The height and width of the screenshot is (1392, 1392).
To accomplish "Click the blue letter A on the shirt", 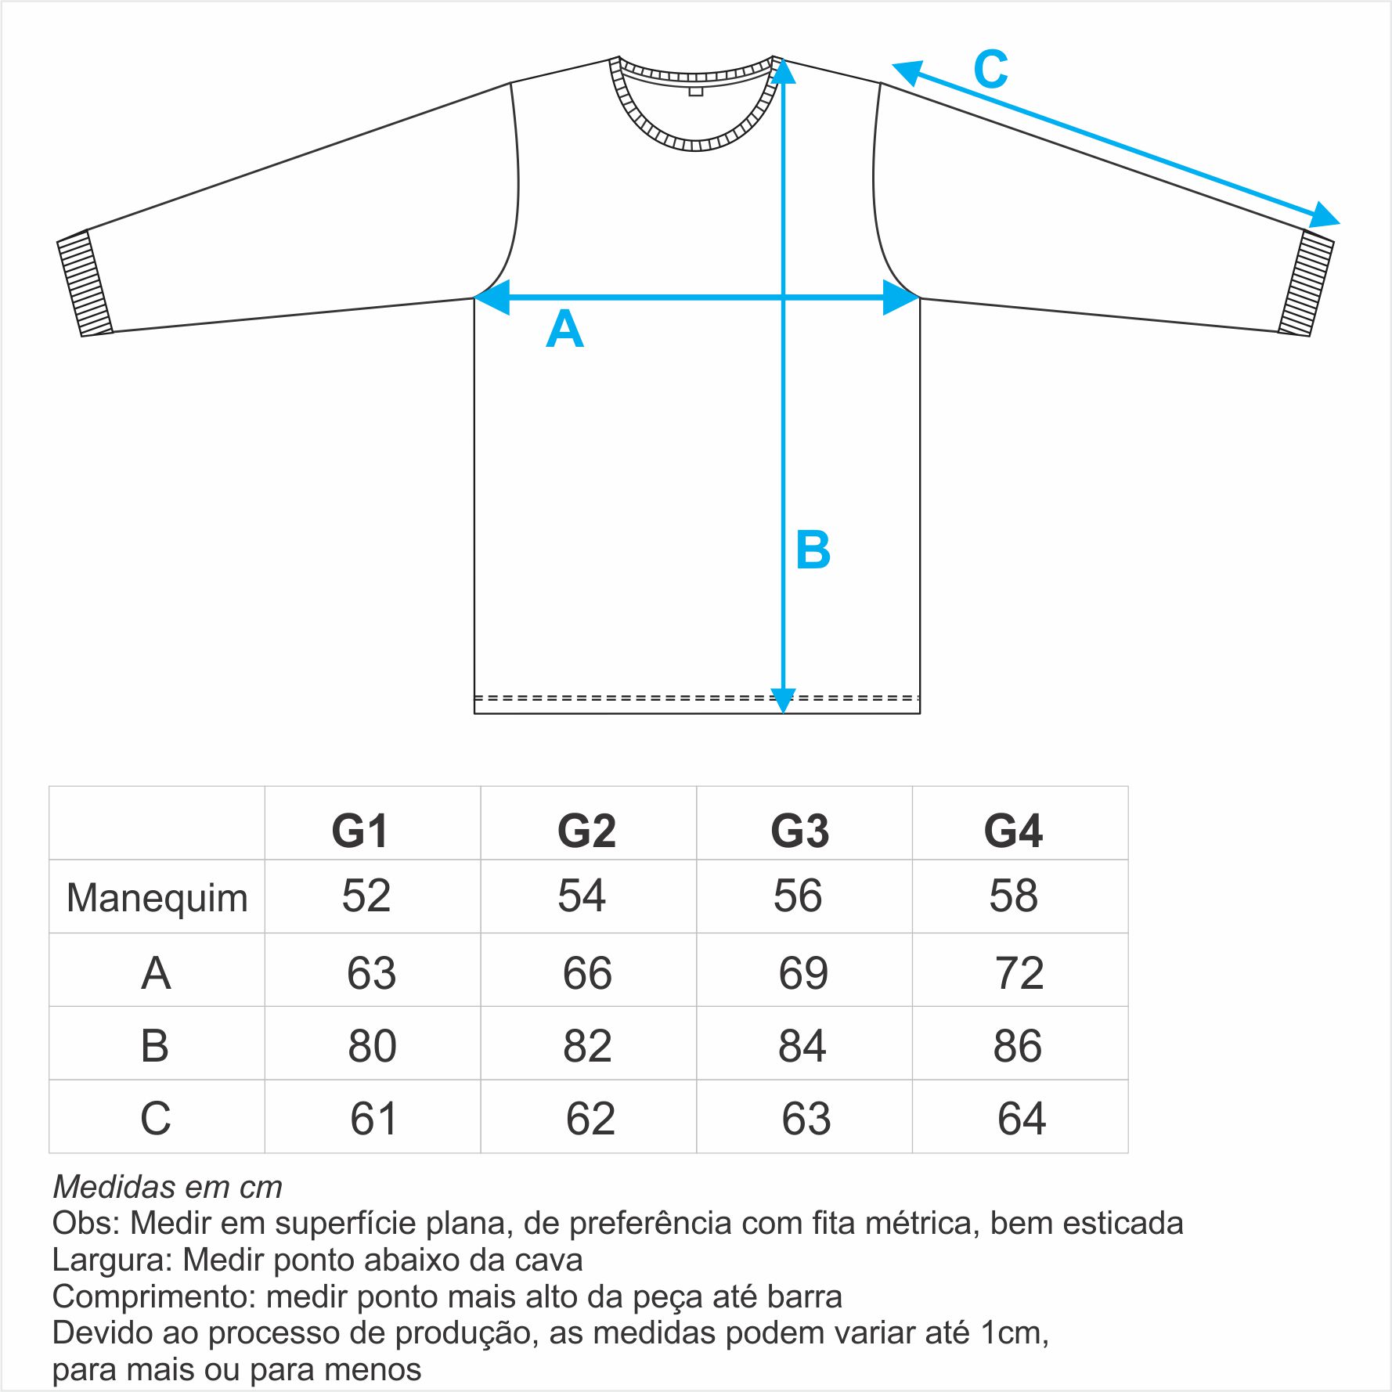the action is [564, 329].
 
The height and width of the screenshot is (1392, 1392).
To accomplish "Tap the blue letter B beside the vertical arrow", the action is [813, 550].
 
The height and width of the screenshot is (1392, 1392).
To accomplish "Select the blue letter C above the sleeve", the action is [990, 69].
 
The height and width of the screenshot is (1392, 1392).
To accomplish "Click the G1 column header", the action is [359, 831].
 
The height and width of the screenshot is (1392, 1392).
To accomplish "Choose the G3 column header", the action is [799, 831].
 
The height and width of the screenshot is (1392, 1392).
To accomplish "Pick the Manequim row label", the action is [157, 899].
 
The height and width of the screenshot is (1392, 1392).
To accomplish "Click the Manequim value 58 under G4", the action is [1013, 896].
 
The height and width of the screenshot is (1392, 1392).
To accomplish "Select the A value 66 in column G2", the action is [587, 973].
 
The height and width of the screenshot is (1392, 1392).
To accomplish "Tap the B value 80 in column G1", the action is [372, 1046].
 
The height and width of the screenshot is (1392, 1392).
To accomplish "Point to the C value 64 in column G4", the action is [1022, 1119].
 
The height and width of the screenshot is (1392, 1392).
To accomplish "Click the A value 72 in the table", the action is [1019, 973].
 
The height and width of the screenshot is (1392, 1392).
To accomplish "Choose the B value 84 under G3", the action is [802, 1046].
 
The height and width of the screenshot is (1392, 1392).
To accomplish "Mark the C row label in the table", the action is [155, 1119].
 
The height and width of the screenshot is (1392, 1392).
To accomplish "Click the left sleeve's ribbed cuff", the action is [85, 283].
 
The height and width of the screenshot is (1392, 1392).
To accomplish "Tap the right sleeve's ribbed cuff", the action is [1306, 283].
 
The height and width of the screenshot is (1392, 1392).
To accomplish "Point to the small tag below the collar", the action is [696, 92].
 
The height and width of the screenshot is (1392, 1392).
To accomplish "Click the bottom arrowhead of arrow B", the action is [783, 701].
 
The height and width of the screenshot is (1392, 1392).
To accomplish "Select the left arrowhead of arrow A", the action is [492, 298].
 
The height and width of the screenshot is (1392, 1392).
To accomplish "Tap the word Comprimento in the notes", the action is [153, 1297].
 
